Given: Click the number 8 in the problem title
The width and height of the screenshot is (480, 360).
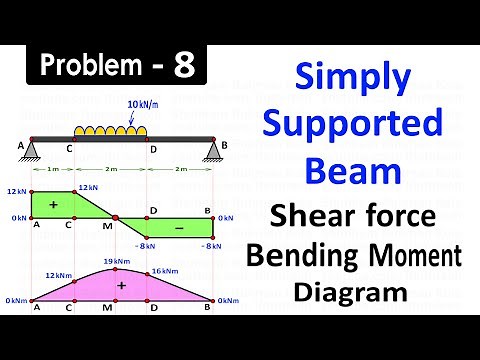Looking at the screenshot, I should point(185,66).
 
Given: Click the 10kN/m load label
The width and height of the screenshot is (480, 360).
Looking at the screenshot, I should point(144,104).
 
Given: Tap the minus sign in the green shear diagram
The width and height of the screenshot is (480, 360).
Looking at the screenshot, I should point(181,228).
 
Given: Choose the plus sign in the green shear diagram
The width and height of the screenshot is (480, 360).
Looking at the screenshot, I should point(53,203).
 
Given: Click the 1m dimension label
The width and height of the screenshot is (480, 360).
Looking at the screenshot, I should point(52,171).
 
